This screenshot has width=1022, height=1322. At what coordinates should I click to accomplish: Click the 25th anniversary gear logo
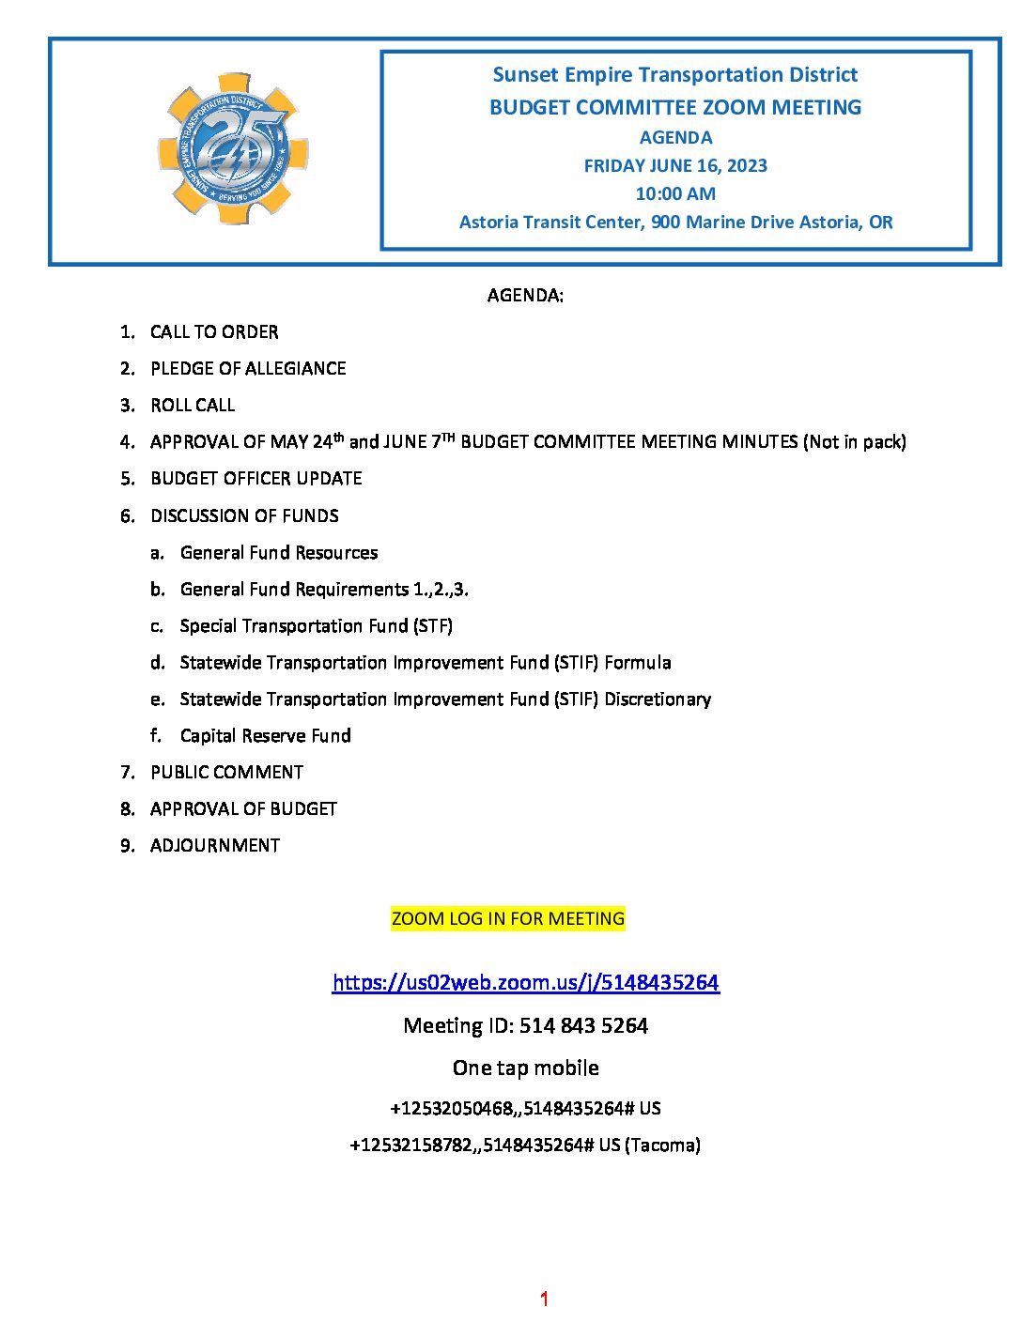click(233, 149)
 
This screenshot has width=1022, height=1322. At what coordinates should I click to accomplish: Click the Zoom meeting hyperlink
click(526, 982)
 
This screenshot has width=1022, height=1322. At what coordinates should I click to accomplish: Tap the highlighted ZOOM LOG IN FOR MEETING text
click(507, 918)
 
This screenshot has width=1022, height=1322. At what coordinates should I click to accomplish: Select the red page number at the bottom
click(544, 1299)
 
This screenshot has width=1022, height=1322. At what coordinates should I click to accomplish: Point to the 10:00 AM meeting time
click(675, 193)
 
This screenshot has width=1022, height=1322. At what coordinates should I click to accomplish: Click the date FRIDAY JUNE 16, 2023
click(675, 165)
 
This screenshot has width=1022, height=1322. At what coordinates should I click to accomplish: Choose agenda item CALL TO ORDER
click(214, 331)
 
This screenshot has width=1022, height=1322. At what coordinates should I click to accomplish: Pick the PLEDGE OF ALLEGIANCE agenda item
click(248, 368)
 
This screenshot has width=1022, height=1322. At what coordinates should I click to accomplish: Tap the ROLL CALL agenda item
click(193, 405)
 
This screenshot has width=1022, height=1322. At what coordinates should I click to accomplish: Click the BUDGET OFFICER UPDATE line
click(256, 478)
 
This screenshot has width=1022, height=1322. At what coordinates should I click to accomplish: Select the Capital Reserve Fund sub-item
click(266, 735)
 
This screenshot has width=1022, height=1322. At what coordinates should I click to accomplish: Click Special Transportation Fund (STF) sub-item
click(317, 625)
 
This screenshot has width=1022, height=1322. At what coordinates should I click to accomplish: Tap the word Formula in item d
click(638, 662)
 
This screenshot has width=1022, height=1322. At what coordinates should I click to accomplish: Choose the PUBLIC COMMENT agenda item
click(226, 772)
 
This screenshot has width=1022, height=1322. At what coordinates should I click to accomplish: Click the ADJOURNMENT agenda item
click(215, 845)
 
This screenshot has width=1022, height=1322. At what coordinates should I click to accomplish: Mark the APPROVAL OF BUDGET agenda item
click(243, 808)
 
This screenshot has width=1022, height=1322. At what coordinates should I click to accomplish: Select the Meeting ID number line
click(526, 1025)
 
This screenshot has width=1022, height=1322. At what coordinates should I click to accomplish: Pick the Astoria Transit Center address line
click(675, 222)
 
